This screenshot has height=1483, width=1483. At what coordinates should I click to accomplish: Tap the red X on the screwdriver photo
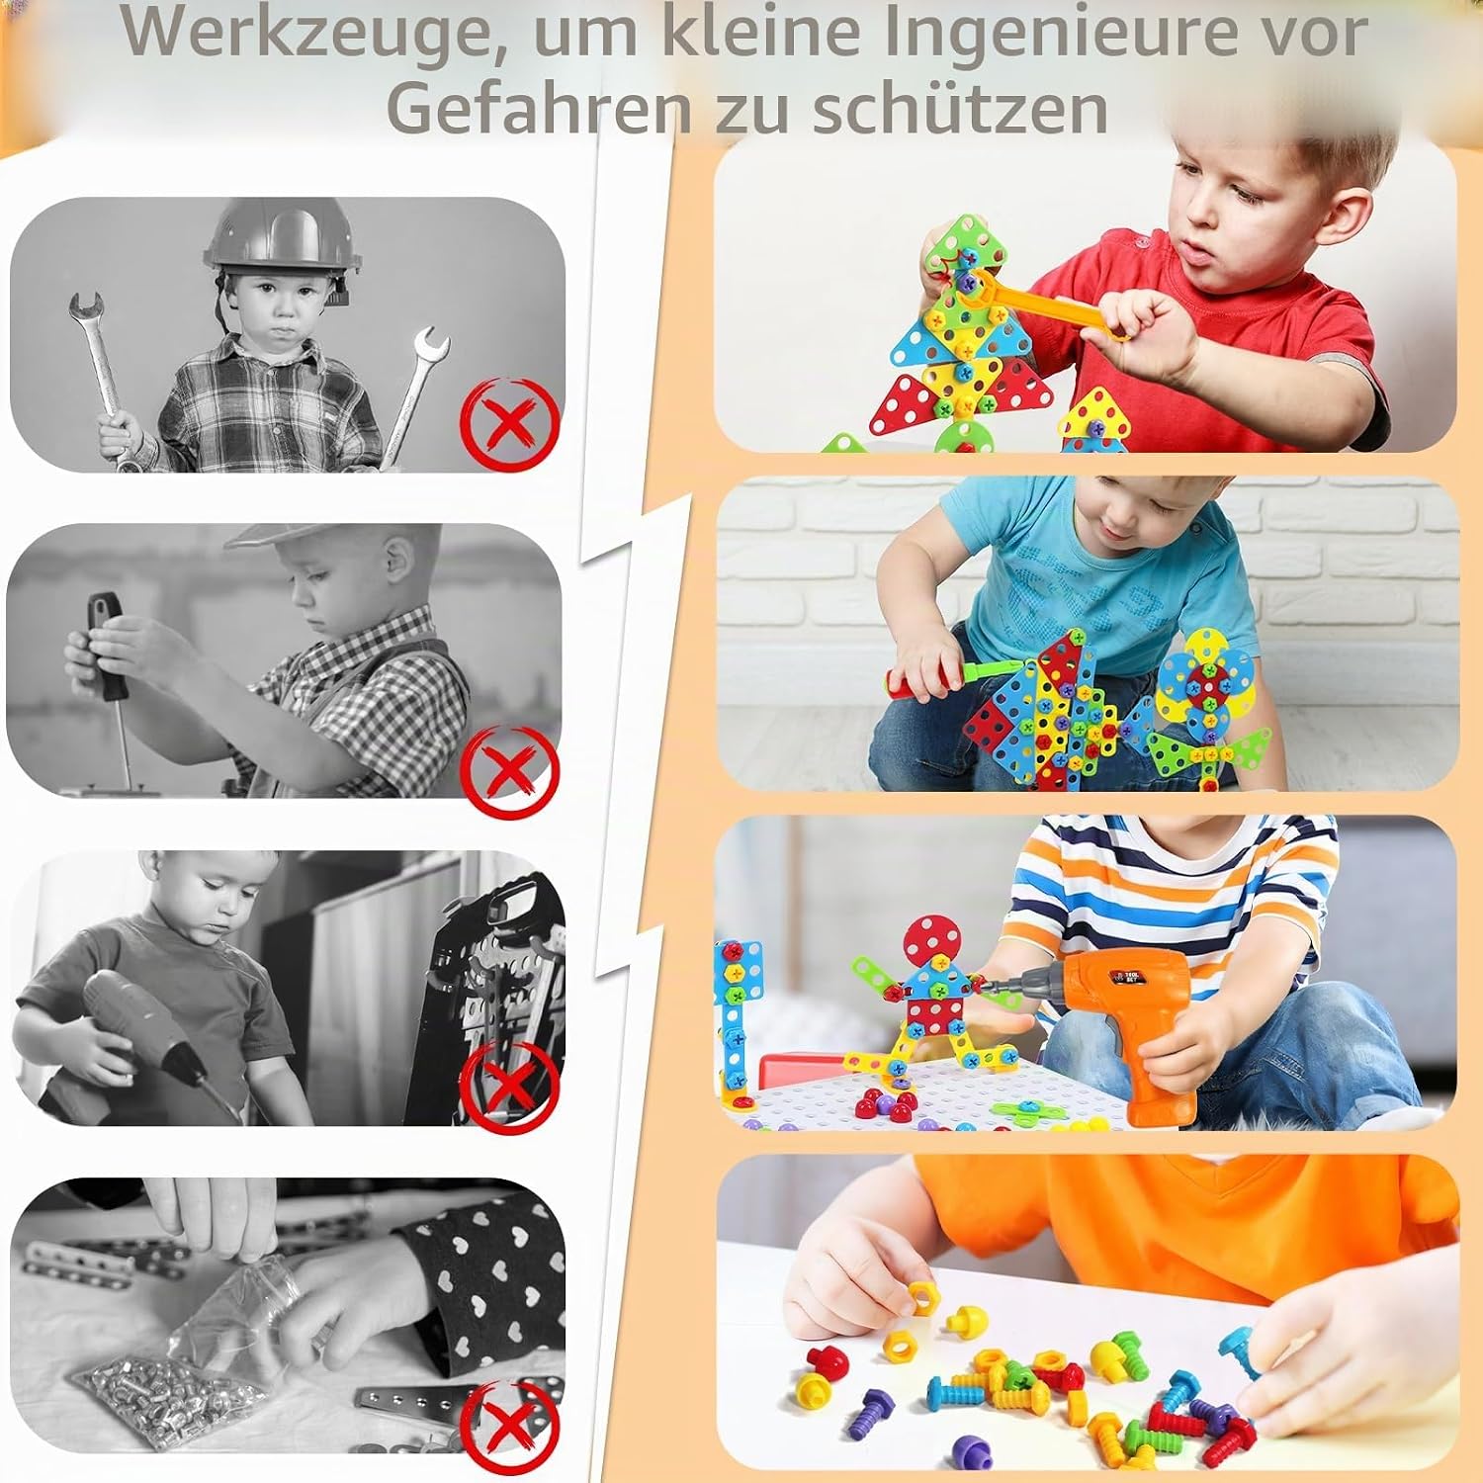click(x=511, y=771)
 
